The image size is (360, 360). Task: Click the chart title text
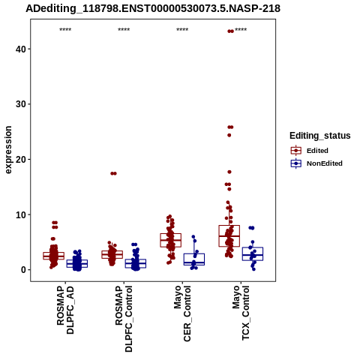point(153,8)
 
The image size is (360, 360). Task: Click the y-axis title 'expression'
point(8,150)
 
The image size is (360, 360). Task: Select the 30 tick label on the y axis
point(21,104)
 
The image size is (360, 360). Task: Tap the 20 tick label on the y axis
point(21,159)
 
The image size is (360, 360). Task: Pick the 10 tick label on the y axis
point(21,214)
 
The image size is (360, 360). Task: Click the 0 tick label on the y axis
point(24,270)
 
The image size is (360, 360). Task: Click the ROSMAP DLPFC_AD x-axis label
point(65,310)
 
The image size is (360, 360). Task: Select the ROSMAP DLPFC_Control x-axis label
point(124,319)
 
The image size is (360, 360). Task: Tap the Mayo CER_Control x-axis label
point(182,313)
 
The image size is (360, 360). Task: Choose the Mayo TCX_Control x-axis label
point(241,313)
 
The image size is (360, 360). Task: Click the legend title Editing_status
point(320,136)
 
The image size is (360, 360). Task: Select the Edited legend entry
point(309,151)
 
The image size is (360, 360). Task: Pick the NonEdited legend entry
point(316,163)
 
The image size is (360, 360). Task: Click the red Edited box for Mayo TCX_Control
point(229,236)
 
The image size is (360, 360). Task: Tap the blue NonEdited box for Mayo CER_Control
point(194,259)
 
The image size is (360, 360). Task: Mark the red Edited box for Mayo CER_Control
point(171,240)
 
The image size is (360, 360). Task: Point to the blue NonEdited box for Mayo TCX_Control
point(253,254)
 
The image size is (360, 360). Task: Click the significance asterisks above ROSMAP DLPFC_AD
point(65,30)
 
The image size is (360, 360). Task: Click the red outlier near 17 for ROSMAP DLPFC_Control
point(113,173)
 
